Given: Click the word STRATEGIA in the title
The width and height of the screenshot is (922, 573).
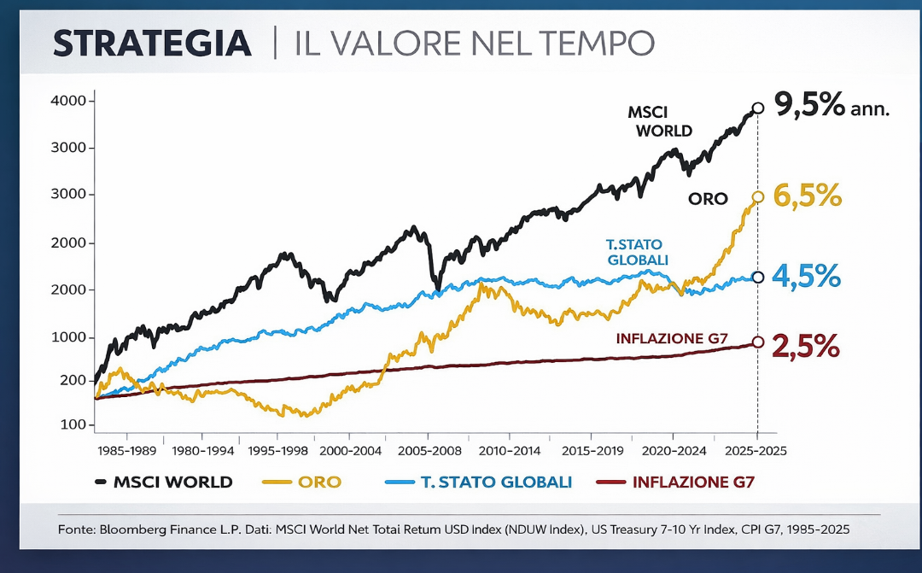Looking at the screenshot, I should (152, 43).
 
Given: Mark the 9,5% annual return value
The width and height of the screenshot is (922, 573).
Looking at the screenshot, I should (808, 106).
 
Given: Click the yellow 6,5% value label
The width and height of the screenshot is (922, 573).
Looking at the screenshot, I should (807, 196).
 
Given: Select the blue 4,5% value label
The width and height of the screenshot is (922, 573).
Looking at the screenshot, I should (807, 277).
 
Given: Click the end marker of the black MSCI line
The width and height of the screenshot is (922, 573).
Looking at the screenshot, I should (757, 108).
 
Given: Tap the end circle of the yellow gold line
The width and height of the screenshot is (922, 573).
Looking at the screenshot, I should (758, 197).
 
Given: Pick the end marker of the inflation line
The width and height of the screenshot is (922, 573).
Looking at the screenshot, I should (758, 342).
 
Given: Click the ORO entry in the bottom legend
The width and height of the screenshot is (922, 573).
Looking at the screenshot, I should (319, 482).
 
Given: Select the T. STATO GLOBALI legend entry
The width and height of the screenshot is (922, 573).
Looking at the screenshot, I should (495, 482).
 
